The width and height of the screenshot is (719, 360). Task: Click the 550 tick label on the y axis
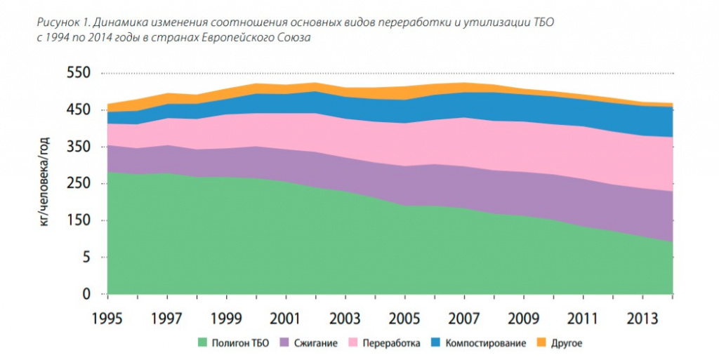tap(79, 73)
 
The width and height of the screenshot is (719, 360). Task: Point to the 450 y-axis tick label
tap(79, 110)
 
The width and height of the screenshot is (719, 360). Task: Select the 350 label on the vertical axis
tap(79, 147)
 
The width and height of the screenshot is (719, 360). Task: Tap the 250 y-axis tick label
tap(79, 184)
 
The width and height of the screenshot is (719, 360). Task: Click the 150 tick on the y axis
tap(79, 220)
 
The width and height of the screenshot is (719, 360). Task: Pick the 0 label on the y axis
tap(86, 294)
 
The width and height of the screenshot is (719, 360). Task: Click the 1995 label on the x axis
tap(107, 319)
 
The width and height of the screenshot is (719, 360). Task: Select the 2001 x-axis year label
tap(286, 319)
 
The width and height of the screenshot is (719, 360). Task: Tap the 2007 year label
tap(464, 319)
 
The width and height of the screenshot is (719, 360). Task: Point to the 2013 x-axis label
tap(642, 319)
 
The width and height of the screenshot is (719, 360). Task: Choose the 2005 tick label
tap(404, 319)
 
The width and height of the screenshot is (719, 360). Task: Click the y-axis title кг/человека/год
tap(44, 181)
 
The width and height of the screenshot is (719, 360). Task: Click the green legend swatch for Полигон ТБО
tap(202, 342)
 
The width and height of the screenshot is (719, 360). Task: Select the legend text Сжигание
tap(316, 343)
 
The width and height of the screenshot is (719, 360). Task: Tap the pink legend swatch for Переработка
tap(353, 342)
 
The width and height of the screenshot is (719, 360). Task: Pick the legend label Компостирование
tap(486, 343)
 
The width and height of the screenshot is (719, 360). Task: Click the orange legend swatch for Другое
tap(541, 342)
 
